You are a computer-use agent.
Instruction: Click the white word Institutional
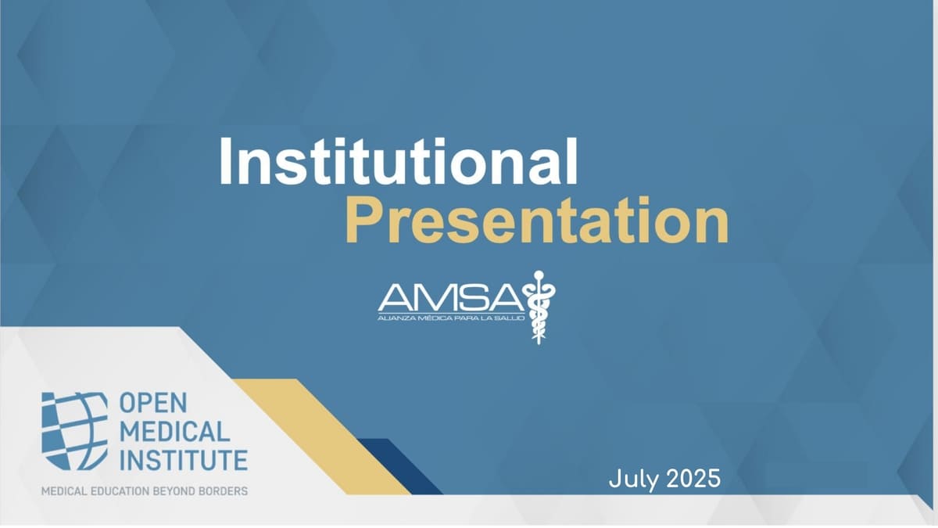pos(398,161)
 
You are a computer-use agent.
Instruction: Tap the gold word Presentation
pos(537,220)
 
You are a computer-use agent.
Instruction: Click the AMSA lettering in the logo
pos(451,298)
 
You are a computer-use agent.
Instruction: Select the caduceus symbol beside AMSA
pos(539,307)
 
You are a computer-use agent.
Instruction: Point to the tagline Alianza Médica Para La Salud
pos(451,318)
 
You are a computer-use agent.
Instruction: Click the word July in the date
pos(633,479)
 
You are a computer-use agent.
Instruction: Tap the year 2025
pos(693,478)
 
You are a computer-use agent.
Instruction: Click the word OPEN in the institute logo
pos(153,403)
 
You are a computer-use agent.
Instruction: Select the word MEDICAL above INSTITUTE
pos(175,431)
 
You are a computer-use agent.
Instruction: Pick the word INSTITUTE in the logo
pos(184,460)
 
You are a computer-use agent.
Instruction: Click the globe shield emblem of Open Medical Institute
pos(74,431)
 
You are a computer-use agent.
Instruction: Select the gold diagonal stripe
pos(321,436)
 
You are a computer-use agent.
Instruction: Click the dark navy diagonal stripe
pos(400,466)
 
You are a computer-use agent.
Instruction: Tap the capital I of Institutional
pos(224,161)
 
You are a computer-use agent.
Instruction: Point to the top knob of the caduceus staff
pos(539,275)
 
